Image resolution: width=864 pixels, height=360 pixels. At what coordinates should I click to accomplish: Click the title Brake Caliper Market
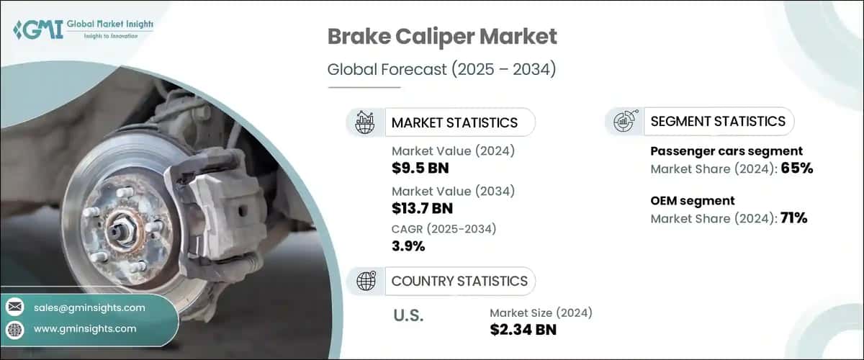tap(442, 37)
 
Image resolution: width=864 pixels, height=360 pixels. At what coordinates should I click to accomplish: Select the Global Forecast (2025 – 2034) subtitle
tap(441, 69)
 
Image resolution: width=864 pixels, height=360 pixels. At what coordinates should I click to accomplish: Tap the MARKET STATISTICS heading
tap(454, 122)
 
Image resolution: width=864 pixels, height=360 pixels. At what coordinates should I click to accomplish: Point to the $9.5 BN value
tap(420, 168)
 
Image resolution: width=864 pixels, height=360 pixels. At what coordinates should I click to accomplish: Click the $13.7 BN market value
tap(422, 208)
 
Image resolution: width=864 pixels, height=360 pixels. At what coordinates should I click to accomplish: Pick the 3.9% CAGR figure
tap(408, 246)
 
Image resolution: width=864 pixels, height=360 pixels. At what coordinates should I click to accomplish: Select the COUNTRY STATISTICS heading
tap(459, 282)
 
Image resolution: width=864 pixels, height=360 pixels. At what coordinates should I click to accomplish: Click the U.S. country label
tap(408, 315)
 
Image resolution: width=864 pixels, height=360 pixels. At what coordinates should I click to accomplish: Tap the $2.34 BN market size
tap(523, 330)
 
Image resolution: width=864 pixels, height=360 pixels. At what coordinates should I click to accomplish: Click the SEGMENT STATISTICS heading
tap(718, 122)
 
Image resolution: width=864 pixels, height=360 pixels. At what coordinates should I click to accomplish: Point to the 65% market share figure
tap(797, 168)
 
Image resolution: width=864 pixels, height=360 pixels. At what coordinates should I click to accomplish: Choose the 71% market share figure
tap(793, 218)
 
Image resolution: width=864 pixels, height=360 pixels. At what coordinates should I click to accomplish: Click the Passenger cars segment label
tap(726, 151)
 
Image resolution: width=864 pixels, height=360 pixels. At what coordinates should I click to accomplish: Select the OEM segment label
tap(693, 201)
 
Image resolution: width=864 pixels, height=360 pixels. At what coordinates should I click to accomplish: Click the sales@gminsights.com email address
tap(89, 307)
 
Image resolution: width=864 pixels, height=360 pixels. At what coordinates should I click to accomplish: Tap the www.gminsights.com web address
tap(85, 329)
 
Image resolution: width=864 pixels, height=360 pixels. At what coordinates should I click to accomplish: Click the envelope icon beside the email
tap(15, 307)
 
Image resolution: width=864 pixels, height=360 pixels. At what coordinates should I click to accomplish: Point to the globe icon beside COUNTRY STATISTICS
tap(366, 281)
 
